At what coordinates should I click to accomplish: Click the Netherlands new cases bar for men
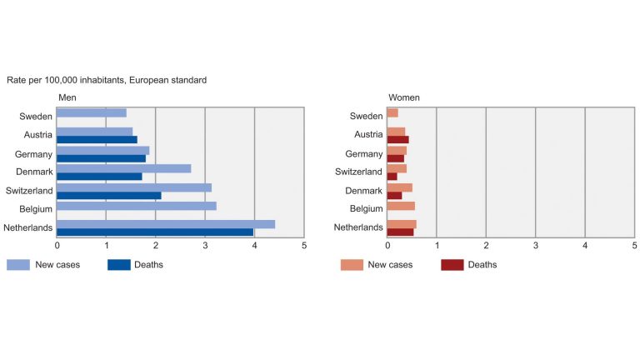166,223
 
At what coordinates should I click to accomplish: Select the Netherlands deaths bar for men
155,232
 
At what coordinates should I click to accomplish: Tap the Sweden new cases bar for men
92,112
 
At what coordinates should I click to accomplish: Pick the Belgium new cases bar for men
137,206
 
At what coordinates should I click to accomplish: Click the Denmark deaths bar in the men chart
99,176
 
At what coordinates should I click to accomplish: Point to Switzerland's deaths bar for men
109,195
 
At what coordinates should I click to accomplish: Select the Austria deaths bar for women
397,139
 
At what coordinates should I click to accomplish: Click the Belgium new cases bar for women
401,206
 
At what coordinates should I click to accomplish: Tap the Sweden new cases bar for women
392,112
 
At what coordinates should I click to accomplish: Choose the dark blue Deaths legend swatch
118,265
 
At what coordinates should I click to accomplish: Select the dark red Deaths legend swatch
451,265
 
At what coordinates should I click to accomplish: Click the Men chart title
67,97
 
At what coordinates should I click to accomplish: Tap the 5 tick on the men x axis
304,246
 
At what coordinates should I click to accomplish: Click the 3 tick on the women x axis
535,246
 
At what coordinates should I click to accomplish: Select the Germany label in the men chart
34,154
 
